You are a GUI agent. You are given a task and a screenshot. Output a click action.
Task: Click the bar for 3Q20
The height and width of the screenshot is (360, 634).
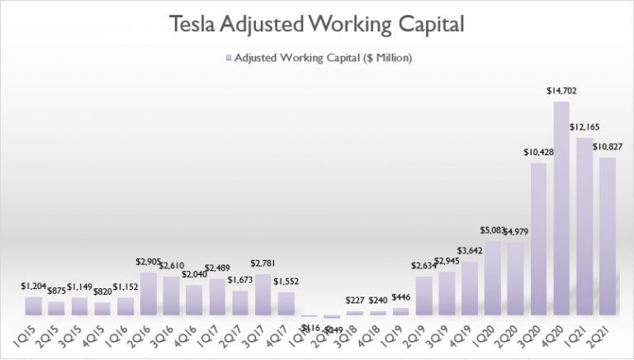pyautogui.click(x=538, y=239)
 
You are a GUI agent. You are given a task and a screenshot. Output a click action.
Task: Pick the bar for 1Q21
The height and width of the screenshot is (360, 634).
pyautogui.click(x=584, y=227)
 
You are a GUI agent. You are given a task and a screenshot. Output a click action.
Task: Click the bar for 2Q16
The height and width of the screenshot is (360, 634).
pyautogui.click(x=149, y=294)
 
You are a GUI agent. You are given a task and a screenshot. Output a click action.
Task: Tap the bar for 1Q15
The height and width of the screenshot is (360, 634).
pyautogui.click(x=34, y=306)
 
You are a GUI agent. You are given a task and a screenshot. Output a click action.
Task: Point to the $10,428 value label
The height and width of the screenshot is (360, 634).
pyautogui.click(x=537, y=154)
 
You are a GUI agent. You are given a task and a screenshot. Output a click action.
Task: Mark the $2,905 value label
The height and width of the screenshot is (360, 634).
pyautogui.click(x=149, y=263)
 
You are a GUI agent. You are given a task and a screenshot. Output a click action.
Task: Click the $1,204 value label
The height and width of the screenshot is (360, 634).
pyautogui.click(x=34, y=287)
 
